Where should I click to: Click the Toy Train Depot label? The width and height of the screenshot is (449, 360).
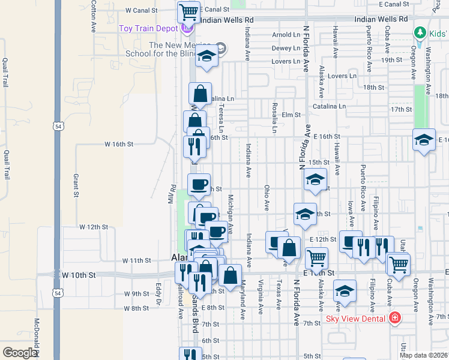click(x=148, y=28)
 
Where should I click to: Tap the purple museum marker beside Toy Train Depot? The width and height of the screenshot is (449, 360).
click(x=187, y=28)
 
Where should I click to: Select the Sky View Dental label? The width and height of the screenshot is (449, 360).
click(x=357, y=318)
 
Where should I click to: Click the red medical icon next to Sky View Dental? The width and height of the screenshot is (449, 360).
click(x=395, y=318)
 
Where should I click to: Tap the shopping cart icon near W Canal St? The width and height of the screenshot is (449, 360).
click(x=188, y=10)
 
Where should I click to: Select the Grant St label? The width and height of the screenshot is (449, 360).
click(x=76, y=185)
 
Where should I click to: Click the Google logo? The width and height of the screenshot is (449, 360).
click(x=20, y=353)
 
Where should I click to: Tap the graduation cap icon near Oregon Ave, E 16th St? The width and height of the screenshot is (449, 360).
click(x=424, y=140)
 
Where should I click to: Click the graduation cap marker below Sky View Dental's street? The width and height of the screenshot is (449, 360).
click(x=345, y=292)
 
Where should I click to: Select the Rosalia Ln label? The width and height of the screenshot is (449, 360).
click(x=274, y=117)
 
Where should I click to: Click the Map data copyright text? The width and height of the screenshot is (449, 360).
click(x=423, y=355)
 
